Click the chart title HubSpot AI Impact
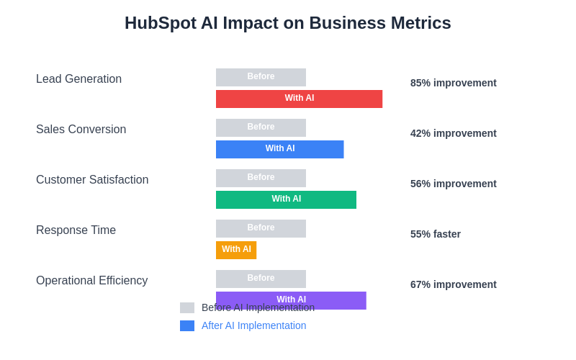click(287, 23)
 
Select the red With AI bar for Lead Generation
click(299, 99)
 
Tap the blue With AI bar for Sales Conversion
click(279, 149)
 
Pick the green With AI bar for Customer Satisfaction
click(286, 199)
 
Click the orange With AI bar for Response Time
click(236, 250)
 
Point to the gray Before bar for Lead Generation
click(261, 77)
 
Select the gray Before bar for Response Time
click(261, 228)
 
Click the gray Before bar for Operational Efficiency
click(261, 279)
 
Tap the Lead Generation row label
click(78, 79)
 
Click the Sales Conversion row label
click(81, 130)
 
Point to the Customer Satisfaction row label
click(92, 180)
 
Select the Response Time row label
click(76, 230)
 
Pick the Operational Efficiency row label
click(91, 281)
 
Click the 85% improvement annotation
click(453, 83)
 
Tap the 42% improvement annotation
click(453, 133)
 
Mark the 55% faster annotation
click(435, 234)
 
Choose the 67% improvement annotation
click(453, 284)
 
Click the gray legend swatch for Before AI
click(187, 307)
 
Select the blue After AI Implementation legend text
click(253, 325)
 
